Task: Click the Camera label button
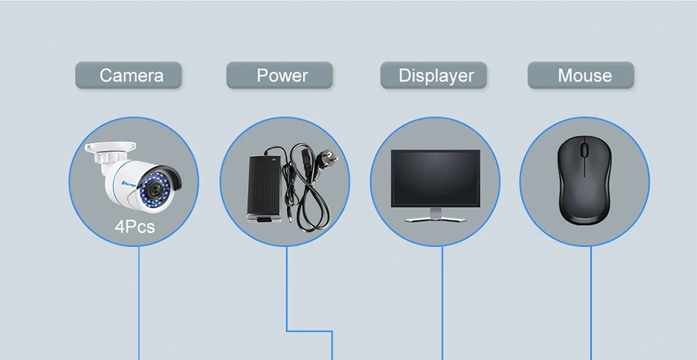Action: tap(128, 76)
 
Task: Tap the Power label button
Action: tap(280, 76)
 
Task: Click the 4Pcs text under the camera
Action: tap(135, 226)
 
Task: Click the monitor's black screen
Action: tap(435, 177)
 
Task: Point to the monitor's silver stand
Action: tap(436, 216)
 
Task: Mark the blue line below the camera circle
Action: tap(139, 301)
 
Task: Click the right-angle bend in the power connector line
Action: tap(287, 331)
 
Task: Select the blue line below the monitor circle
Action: tap(442, 301)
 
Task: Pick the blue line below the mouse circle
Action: tap(591, 301)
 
